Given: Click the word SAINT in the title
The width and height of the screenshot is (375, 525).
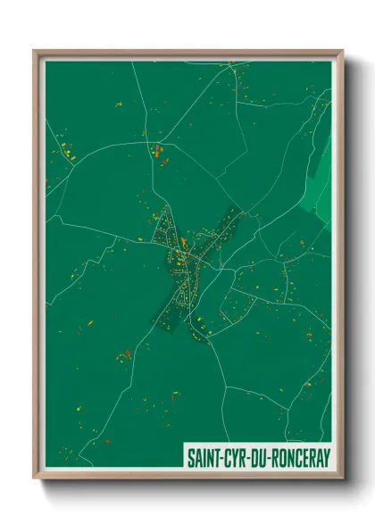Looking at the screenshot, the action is click(204, 454).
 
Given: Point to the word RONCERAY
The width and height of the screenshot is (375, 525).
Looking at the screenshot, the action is click(298, 454).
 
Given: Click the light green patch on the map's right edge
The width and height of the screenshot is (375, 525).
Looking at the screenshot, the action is click(321, 170).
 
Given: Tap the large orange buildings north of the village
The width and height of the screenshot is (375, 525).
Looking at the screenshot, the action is click(159, 149).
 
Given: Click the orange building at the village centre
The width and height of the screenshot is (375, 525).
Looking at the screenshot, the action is click(183, 243).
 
